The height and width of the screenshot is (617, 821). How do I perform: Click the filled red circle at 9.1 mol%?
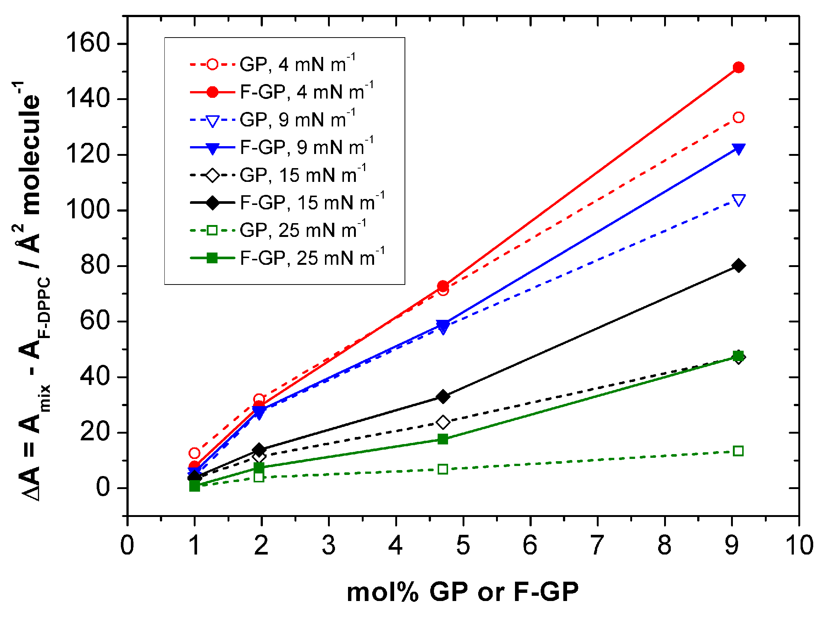(x=738, y=68)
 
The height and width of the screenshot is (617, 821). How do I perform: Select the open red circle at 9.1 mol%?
(x=738, y=118)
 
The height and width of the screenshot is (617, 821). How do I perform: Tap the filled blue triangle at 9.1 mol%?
(x=738, y=149)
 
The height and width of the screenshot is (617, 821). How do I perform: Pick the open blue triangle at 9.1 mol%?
(x=738, y=200)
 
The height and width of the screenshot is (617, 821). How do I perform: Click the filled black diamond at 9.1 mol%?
(x=738, y=266)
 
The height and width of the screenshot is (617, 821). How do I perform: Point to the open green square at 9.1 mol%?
(x=738, y=451)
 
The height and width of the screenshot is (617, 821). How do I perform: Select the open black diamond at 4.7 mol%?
(x=442, y=422)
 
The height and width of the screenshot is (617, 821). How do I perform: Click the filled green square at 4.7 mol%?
(x=442, y=439)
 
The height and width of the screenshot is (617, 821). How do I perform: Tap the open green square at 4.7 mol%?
(x=442, y=469)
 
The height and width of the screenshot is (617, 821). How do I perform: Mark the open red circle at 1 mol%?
(x=194, y=453)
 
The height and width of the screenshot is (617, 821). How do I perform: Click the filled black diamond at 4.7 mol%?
(x=442, y=396)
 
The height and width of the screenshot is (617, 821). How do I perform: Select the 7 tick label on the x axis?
(x=597, y=545)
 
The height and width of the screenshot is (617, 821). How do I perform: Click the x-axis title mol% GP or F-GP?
(x=463, y=592)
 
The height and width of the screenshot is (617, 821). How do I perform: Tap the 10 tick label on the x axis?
(x=799, y=545)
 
